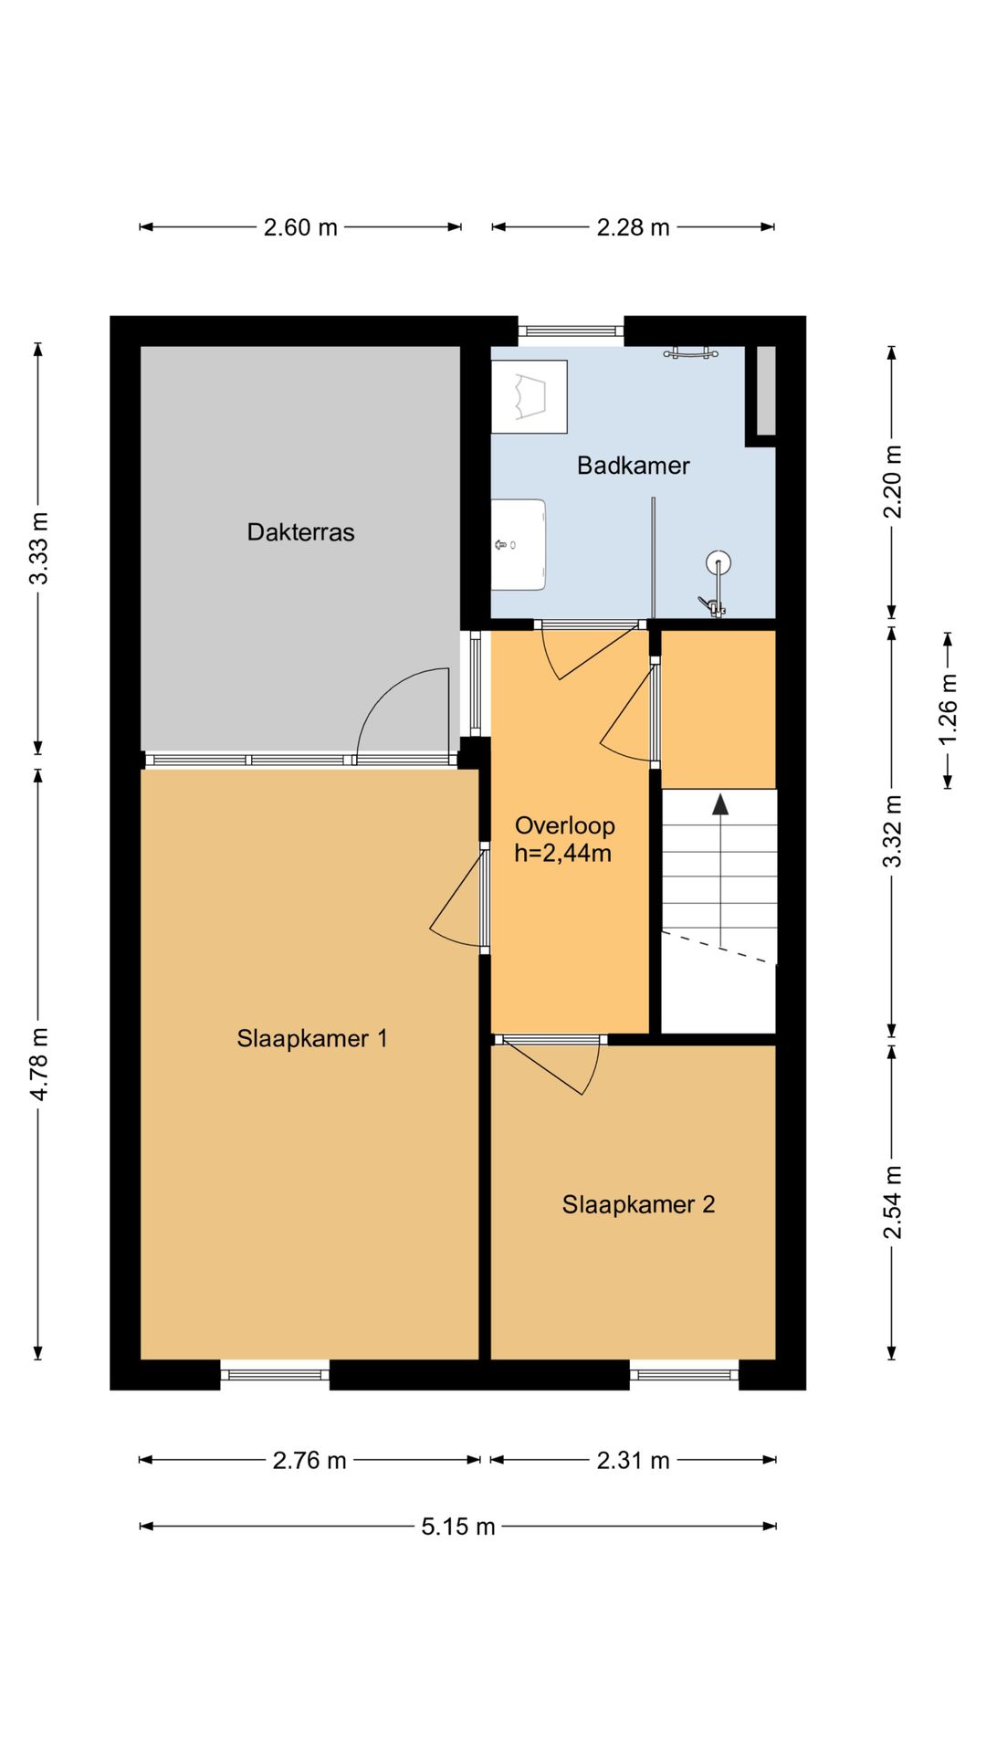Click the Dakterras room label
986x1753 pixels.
[x=300, y=532]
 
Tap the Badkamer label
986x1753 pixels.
[x=633, y=466]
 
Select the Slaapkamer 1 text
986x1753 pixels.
[x=312, y=1038]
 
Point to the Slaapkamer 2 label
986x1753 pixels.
[x=638, y=1204]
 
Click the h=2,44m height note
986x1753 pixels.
[x=562, y=854]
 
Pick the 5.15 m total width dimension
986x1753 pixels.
[x=458, y=1527]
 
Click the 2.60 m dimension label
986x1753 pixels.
[x=300, y=227]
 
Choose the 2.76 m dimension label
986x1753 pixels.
[x=309, y=1461]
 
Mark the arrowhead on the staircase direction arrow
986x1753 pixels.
[x=721, y=803]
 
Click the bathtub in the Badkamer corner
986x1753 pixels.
[x=530, y=396]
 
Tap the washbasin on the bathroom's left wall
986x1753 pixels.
[x=519, y=545]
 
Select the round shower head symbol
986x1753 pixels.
[x=719, y=563]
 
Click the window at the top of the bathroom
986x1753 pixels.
[x=572, y=331]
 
